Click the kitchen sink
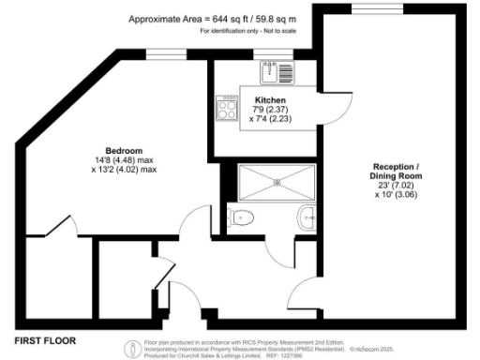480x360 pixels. (273, 69)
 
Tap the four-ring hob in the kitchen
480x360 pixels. (227, 107)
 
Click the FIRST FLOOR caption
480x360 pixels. (44, 339)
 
